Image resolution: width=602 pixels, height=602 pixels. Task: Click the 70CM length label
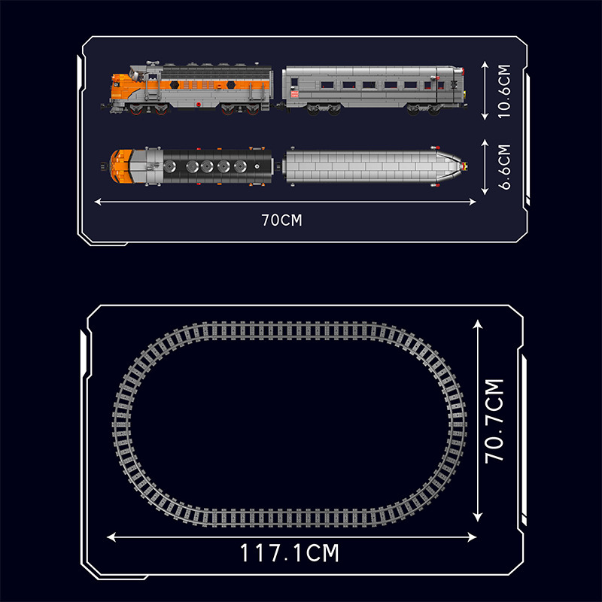click(281, 220)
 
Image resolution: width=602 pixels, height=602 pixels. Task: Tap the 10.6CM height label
click(504, 91)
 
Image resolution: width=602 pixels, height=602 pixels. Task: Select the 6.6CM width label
click(504, 167)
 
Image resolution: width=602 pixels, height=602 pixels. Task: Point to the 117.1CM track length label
click(290, 553)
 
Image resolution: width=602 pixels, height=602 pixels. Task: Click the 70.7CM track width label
click(494, 421)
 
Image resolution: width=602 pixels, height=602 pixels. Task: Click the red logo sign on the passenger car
click(294, 93)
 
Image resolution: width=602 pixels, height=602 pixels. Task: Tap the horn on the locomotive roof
click(153, 62)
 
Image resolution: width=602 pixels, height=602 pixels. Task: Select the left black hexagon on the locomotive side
click(175, 84)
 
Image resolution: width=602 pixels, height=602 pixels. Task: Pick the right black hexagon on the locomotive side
click(231, 84)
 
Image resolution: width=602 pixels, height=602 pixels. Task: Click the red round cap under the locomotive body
click(199, 104)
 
